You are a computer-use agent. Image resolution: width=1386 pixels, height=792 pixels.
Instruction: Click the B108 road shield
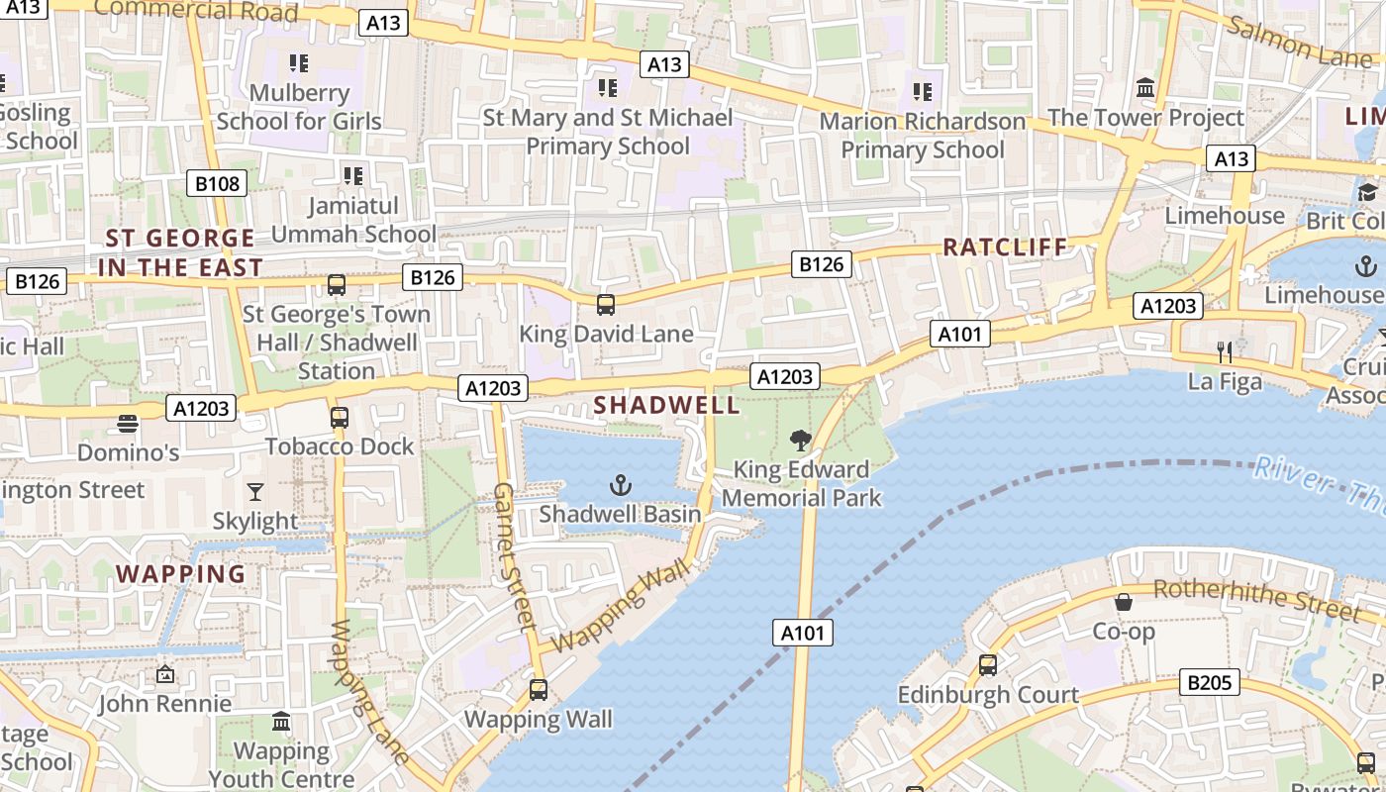pos(217,183)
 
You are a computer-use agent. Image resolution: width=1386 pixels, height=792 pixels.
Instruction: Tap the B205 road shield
pos(1210,682)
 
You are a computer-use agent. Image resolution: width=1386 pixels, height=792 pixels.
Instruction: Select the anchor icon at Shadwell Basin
pos(620,485)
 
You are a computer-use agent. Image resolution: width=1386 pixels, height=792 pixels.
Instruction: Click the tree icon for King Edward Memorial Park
pos(801,441)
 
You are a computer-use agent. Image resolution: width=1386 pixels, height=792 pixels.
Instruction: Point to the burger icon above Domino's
pos(127,424)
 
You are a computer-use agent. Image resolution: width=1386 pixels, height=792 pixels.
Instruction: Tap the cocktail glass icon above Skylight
pos(255,491)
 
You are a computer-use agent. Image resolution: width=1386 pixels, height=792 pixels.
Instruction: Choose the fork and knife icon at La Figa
pos(1225,351)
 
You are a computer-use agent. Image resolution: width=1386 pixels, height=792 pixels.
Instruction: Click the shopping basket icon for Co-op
pos(1124,602)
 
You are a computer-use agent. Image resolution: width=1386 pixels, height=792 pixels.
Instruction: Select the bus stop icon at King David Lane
pos(606,305)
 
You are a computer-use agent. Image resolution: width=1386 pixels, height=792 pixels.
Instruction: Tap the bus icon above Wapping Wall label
pos(538,689)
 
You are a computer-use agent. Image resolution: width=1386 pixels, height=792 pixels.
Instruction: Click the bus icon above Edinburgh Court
pos(987,665)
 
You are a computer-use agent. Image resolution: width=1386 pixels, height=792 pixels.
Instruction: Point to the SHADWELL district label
pos(666,405)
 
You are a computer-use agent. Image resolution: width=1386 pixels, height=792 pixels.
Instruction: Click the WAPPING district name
pos(180,574)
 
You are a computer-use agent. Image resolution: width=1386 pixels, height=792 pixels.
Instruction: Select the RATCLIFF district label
pos(1005,247)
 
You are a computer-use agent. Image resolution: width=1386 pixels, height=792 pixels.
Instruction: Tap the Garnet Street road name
pos(514,556)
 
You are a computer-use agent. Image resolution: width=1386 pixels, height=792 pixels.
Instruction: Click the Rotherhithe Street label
pos(1256,599)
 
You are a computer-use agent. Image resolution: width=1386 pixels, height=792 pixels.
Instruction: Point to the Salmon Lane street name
pos(1299,42)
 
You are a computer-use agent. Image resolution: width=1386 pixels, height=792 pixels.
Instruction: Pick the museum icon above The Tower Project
pos(1145,88)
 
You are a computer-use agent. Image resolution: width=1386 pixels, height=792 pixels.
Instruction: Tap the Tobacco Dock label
pos(340,446)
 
